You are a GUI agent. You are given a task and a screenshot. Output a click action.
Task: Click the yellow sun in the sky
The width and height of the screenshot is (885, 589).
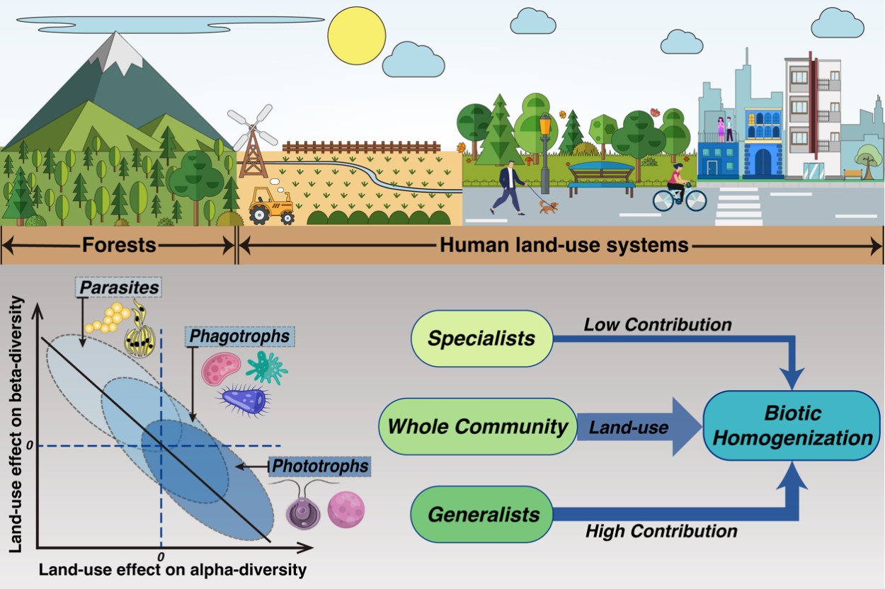357,35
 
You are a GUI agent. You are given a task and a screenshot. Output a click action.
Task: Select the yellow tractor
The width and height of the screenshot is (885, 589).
272,205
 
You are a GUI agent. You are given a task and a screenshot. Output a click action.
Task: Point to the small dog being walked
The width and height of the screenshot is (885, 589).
548,206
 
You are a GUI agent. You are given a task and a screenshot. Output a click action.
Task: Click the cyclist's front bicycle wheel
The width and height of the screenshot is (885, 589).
695,200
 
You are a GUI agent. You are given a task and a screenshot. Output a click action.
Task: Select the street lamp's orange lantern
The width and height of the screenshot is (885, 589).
544,127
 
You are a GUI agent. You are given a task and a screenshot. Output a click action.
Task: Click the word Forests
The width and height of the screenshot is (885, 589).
118,246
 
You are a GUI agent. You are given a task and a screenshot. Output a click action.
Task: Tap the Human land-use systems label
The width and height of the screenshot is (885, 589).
564,246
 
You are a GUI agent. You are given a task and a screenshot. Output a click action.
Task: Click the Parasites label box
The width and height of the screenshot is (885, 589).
118,287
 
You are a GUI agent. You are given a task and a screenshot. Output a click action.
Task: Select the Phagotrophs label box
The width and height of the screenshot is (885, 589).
239,336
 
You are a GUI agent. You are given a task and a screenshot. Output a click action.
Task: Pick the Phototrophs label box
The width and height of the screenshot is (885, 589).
321,466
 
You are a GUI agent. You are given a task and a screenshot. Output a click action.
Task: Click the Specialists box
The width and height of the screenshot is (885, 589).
481,338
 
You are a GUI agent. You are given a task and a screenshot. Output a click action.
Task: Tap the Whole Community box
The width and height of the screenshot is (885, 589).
478,426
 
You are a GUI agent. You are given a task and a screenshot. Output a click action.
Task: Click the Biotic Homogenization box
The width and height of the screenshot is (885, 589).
793,425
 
